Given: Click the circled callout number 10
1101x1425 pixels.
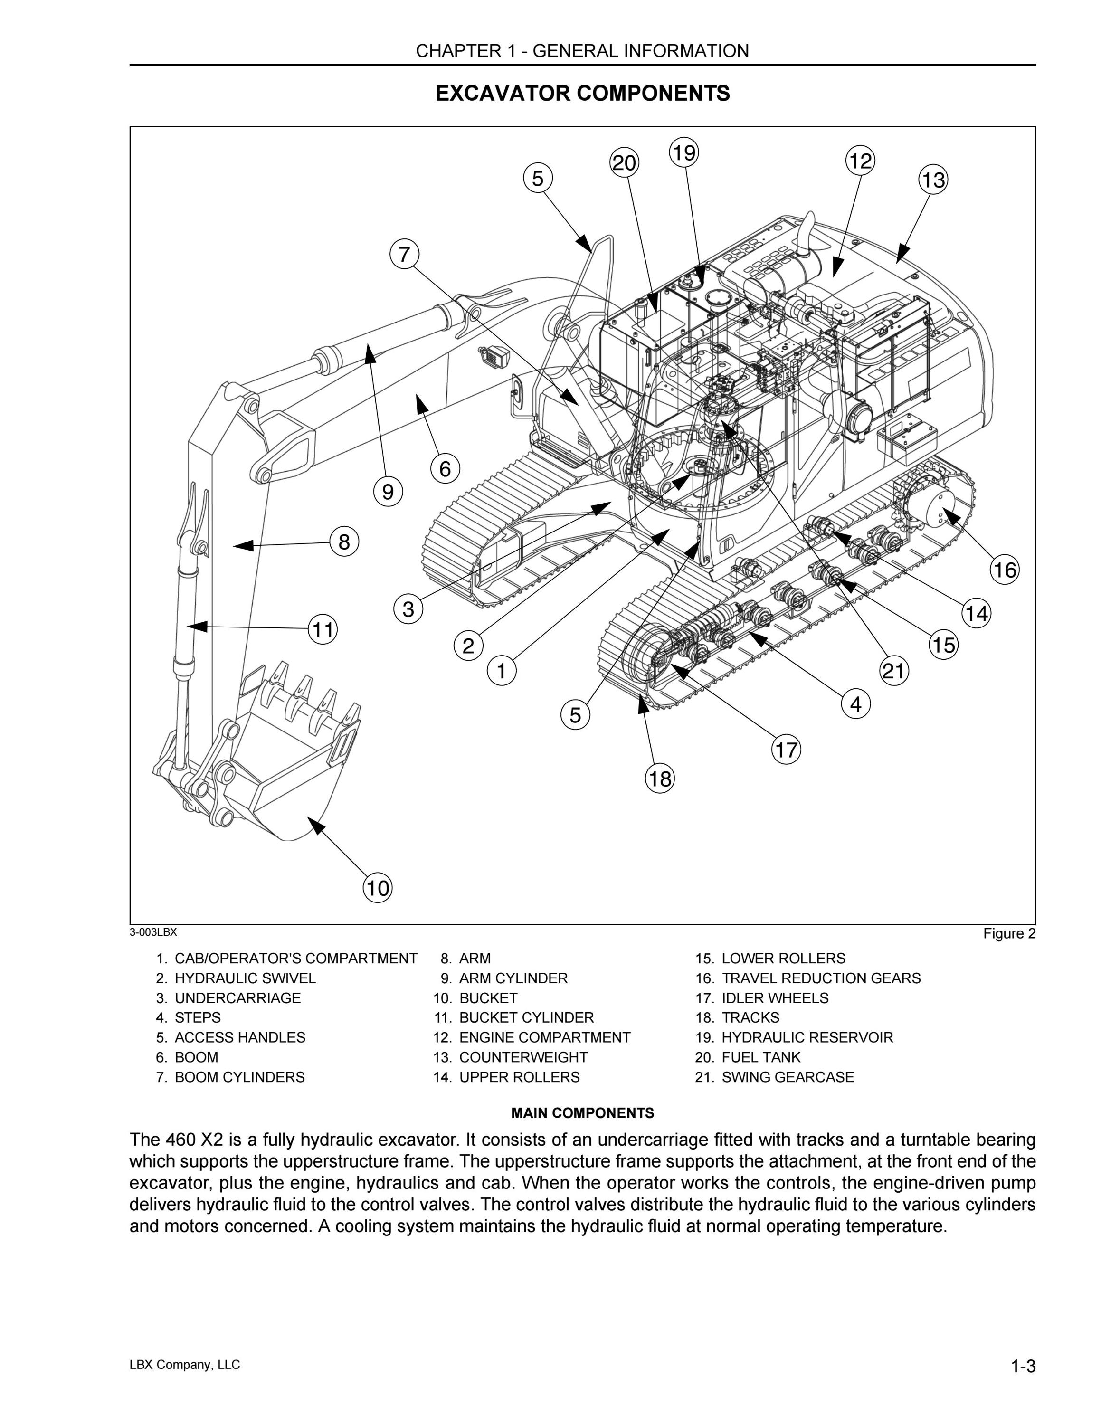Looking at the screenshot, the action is point(378,888).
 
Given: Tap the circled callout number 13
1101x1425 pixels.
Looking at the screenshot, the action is point(933,180).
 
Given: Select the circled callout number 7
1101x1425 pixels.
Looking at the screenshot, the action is point(404,253).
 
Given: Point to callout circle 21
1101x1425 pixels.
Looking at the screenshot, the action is point(894,671).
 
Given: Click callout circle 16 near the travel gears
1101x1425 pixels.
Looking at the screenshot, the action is point(1005,570).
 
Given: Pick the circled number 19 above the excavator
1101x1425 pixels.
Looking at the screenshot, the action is point(683,152).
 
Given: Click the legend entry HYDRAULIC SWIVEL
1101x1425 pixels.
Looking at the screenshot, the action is point(245,978).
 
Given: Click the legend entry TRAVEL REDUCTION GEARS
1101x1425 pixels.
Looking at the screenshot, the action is point(821,978).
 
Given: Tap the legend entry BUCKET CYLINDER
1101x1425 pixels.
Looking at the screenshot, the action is point(526,1018).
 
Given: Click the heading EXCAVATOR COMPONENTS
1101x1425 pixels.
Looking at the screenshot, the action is point(582,93).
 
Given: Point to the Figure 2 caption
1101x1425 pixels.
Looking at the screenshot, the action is point(1010,934).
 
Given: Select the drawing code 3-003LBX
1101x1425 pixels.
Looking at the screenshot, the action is point(153,932).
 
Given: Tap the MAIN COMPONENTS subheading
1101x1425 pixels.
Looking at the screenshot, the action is point(582,1113).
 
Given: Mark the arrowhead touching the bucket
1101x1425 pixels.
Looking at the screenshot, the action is point(316,826).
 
